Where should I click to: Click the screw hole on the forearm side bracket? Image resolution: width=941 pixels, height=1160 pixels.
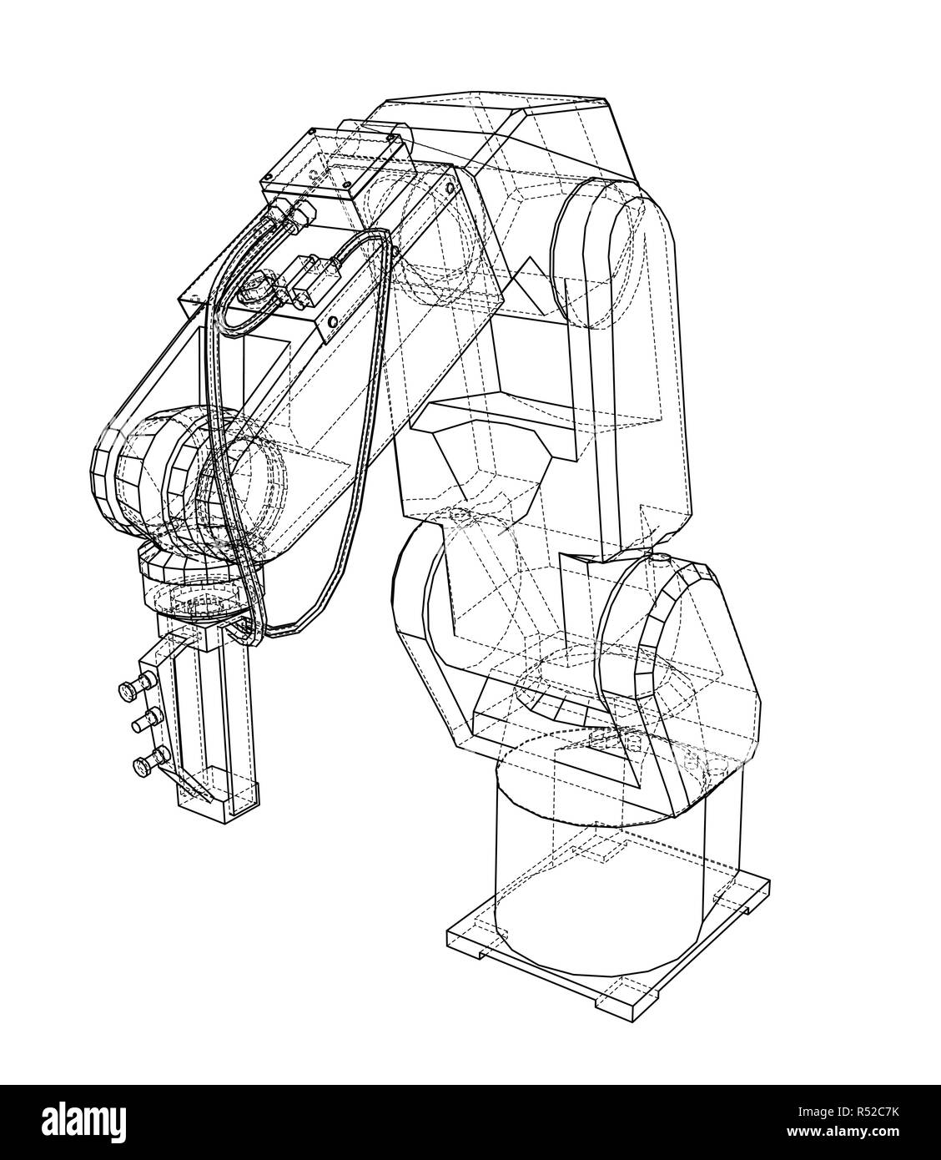(x=335, y=321)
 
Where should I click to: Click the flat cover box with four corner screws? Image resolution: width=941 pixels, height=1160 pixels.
(x=342, y=163)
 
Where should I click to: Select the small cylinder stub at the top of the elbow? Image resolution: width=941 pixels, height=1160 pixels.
(x=388, y=134)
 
